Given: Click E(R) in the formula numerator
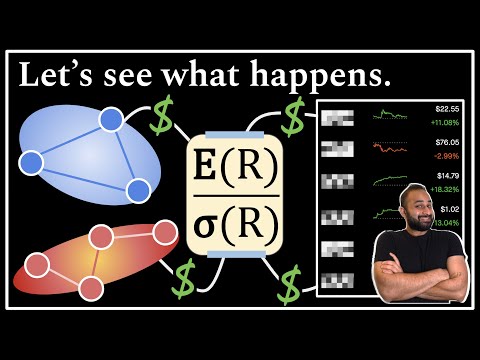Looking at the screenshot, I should [235, 166].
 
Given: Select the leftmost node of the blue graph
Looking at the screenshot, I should [32, 161].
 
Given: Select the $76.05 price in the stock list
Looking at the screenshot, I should [447, 142].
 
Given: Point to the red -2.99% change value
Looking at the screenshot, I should [447, 155].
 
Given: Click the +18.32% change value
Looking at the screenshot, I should [445, 188].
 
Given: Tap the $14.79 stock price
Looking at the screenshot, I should [447, 175].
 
